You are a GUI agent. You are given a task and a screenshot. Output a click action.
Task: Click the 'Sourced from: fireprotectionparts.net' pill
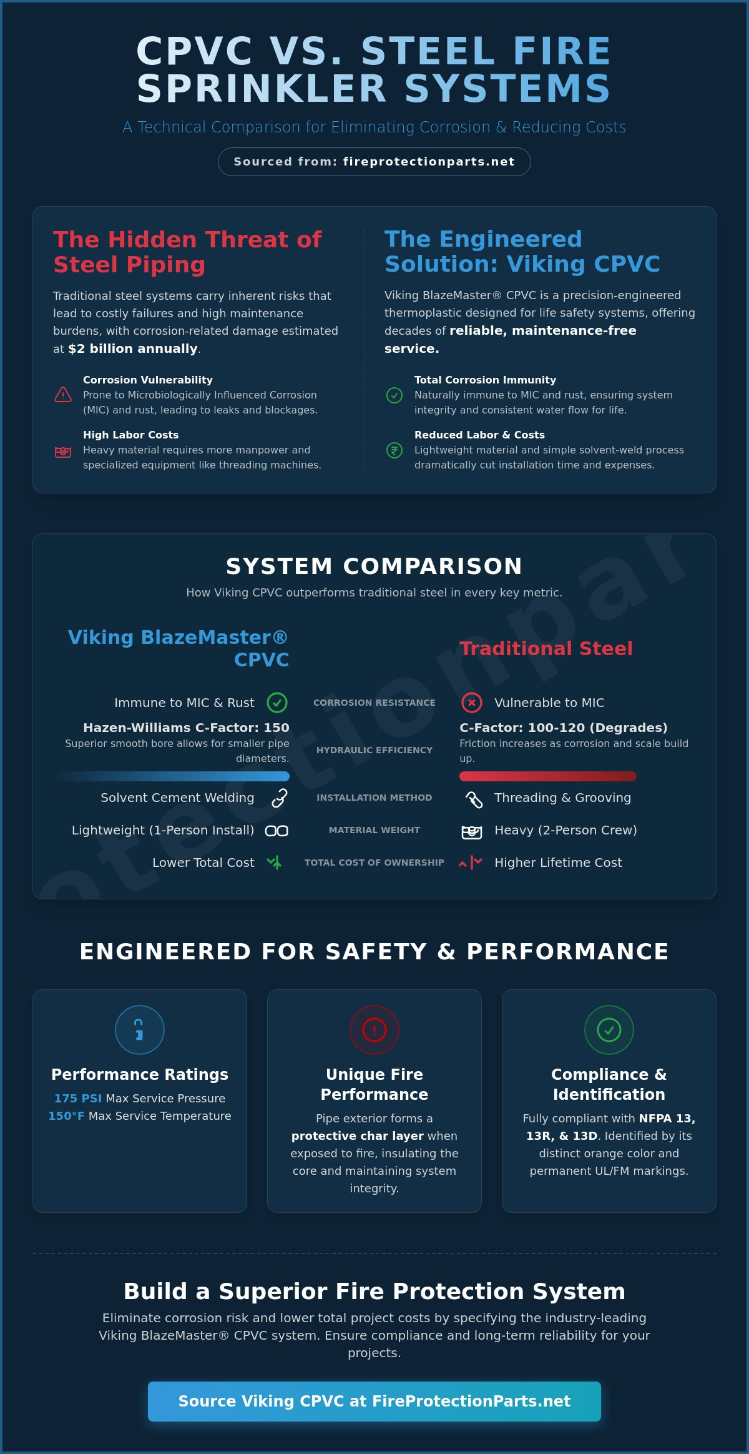click(374, 162)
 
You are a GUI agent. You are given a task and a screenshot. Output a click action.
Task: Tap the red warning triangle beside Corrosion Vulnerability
click(63, 395)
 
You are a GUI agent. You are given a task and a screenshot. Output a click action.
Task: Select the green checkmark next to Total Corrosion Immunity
click(394, 395)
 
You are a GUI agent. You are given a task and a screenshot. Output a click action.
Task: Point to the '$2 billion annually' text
click(132, 349)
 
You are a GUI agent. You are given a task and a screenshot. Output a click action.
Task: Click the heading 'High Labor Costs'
click(130, 435)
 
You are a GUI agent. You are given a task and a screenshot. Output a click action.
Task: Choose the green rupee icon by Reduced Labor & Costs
click(394, 450)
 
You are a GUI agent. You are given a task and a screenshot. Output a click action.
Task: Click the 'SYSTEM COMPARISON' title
click(374, 566)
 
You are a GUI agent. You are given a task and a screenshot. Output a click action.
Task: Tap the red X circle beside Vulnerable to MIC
click(472, 703)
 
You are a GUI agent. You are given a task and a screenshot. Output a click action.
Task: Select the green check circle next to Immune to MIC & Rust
click(277, 703)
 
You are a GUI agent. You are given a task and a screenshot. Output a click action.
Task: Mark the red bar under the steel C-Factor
click(548, 776)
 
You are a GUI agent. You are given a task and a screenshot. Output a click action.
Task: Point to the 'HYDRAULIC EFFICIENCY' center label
click(374, 750)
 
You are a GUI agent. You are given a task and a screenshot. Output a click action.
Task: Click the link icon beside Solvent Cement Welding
click(279, 798)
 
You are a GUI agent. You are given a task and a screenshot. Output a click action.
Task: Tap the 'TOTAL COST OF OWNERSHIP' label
click(374, 863)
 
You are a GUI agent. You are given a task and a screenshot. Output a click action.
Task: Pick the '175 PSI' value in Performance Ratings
click(78, 1098)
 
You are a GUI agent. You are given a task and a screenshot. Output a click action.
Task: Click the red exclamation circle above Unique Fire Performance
click(374, 1030)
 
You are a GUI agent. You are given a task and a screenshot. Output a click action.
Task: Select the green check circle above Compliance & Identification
click(609, 1030)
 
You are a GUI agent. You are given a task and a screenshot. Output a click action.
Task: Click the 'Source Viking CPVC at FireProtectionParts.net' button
click(374, 1402)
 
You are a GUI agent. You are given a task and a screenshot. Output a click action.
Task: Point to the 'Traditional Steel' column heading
click(546, 648)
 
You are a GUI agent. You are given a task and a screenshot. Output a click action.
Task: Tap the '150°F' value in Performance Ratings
click(66, 1115)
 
